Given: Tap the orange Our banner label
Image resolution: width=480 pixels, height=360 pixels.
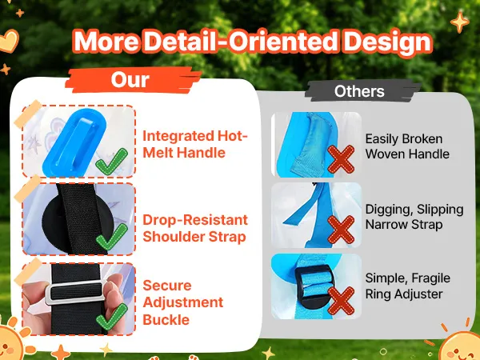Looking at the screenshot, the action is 130,80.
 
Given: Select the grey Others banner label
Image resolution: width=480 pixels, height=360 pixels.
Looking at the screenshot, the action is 359,91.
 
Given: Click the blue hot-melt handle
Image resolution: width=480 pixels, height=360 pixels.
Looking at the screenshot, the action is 74,142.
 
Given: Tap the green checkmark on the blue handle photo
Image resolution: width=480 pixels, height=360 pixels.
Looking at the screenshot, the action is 112,162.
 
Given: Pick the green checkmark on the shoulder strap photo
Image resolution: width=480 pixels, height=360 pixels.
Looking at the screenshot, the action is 112,237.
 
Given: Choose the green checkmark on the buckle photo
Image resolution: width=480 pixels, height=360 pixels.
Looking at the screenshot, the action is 112,317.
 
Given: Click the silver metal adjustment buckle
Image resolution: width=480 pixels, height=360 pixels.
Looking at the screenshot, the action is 76,292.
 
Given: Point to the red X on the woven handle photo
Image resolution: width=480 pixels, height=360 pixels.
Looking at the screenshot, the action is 341,159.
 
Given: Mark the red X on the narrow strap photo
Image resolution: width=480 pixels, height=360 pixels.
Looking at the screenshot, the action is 341,230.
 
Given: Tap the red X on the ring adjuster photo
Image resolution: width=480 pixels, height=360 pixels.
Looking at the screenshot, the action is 341,301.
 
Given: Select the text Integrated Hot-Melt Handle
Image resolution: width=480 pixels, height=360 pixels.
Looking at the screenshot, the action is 195,144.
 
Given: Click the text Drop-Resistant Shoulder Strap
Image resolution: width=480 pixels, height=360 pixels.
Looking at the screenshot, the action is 195,228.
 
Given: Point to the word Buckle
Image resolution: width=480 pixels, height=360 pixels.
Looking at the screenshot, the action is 166,320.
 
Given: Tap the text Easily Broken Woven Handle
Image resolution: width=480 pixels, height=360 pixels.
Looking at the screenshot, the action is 407,146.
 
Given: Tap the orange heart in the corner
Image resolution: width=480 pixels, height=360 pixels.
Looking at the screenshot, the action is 9,41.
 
